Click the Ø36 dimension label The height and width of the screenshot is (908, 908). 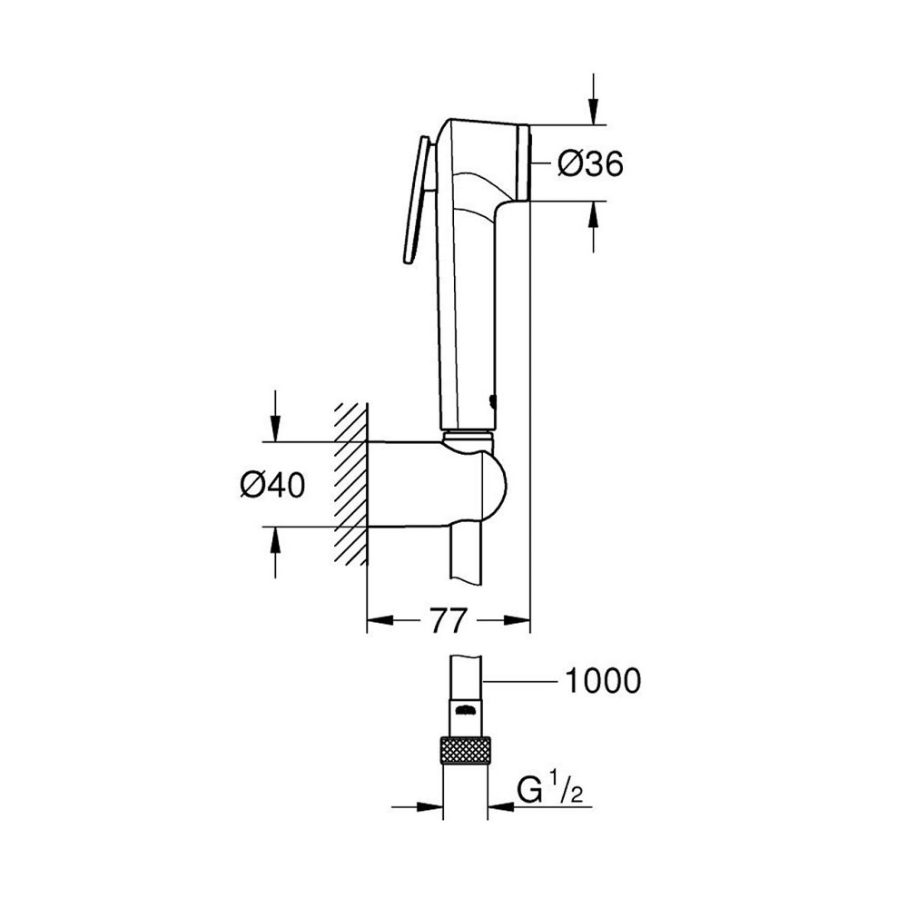[589, 163]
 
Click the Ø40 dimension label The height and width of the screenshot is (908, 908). [272, 486]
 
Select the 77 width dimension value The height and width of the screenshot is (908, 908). [447, 621]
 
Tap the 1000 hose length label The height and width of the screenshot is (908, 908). [603, 680]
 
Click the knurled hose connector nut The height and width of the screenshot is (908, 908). [465, 752]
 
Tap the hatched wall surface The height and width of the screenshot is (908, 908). [350, 486]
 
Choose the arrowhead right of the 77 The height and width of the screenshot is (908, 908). [516, 621]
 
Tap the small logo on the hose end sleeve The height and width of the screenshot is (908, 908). [465, 709]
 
